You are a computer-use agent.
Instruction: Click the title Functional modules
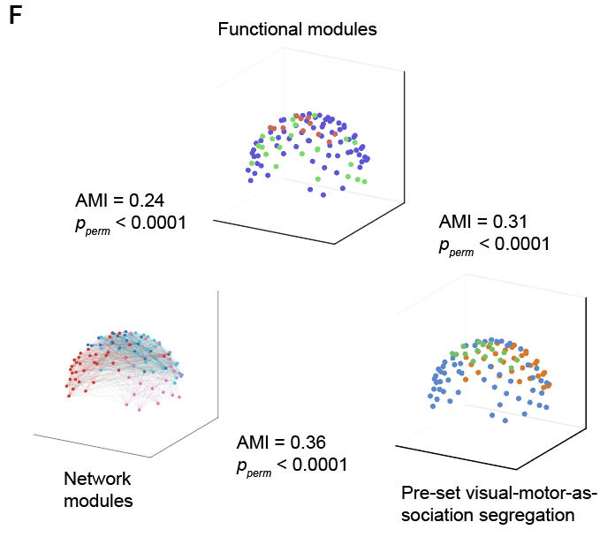click(298, 30)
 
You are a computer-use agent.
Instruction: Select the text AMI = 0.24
click(120, 200)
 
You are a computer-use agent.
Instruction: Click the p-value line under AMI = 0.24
click(130, 223)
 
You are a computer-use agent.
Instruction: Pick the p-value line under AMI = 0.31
click(494, 244)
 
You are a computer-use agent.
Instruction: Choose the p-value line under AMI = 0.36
click(292, 465)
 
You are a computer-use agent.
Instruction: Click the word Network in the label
click(97, 480)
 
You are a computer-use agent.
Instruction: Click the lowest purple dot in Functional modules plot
click(310, 188)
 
